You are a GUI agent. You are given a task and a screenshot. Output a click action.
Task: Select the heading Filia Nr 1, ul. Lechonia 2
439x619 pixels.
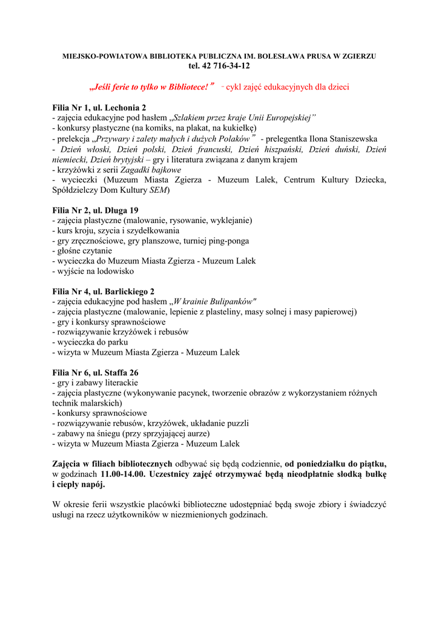click(x=99, y=108)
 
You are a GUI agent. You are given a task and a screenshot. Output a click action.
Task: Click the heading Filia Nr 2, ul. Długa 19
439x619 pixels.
click(x=96, y=210)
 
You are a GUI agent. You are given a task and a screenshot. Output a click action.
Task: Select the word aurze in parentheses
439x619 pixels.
click(x=197, y=433)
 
